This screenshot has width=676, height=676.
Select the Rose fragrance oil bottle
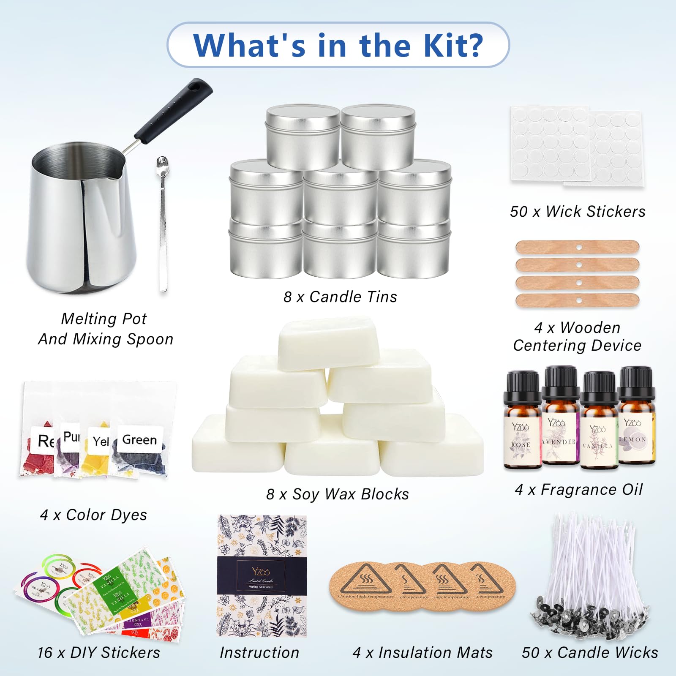(x=522, y=427)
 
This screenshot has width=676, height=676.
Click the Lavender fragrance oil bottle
(x=560, y=422)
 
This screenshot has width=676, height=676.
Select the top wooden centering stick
(x=577, y=247)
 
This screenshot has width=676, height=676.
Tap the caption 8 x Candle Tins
(x=340, y=297)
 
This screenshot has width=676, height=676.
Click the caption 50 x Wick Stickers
(x=577, y=212)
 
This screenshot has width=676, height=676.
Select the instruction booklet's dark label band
(x=262, y=575)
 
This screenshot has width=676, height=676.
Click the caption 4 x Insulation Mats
(x=422, y=653)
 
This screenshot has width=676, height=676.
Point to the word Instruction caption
(x=259, y=653)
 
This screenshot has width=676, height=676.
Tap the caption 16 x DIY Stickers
(x=99, y=653)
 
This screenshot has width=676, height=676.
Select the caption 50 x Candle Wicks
(x=590, y=653)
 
